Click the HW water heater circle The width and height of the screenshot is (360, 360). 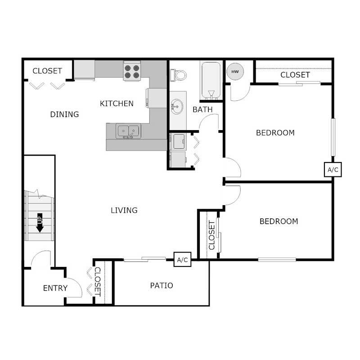tap(234, 71)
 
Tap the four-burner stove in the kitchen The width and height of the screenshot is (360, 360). tap(132, 72)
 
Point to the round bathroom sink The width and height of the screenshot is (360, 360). tap(176, 108)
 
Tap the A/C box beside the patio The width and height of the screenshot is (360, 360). tap(182, 260)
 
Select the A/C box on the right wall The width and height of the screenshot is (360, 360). tap(333, 170)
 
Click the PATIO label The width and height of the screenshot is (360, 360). tap(162, 285)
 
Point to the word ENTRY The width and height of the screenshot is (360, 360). tap(55, 288)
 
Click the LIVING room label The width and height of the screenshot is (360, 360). tap(124, 210)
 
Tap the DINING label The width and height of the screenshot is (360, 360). tap(64, 114)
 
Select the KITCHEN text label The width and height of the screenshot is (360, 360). tap(117, 103)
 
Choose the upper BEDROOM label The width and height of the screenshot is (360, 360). tap(275, 133)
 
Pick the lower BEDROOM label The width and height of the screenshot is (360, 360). tap(279, 221)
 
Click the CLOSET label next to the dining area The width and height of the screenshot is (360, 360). tap(47, 71)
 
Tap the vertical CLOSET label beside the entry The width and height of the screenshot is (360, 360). tap(98, 281)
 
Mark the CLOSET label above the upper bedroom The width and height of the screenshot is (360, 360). tap(295, 75)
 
